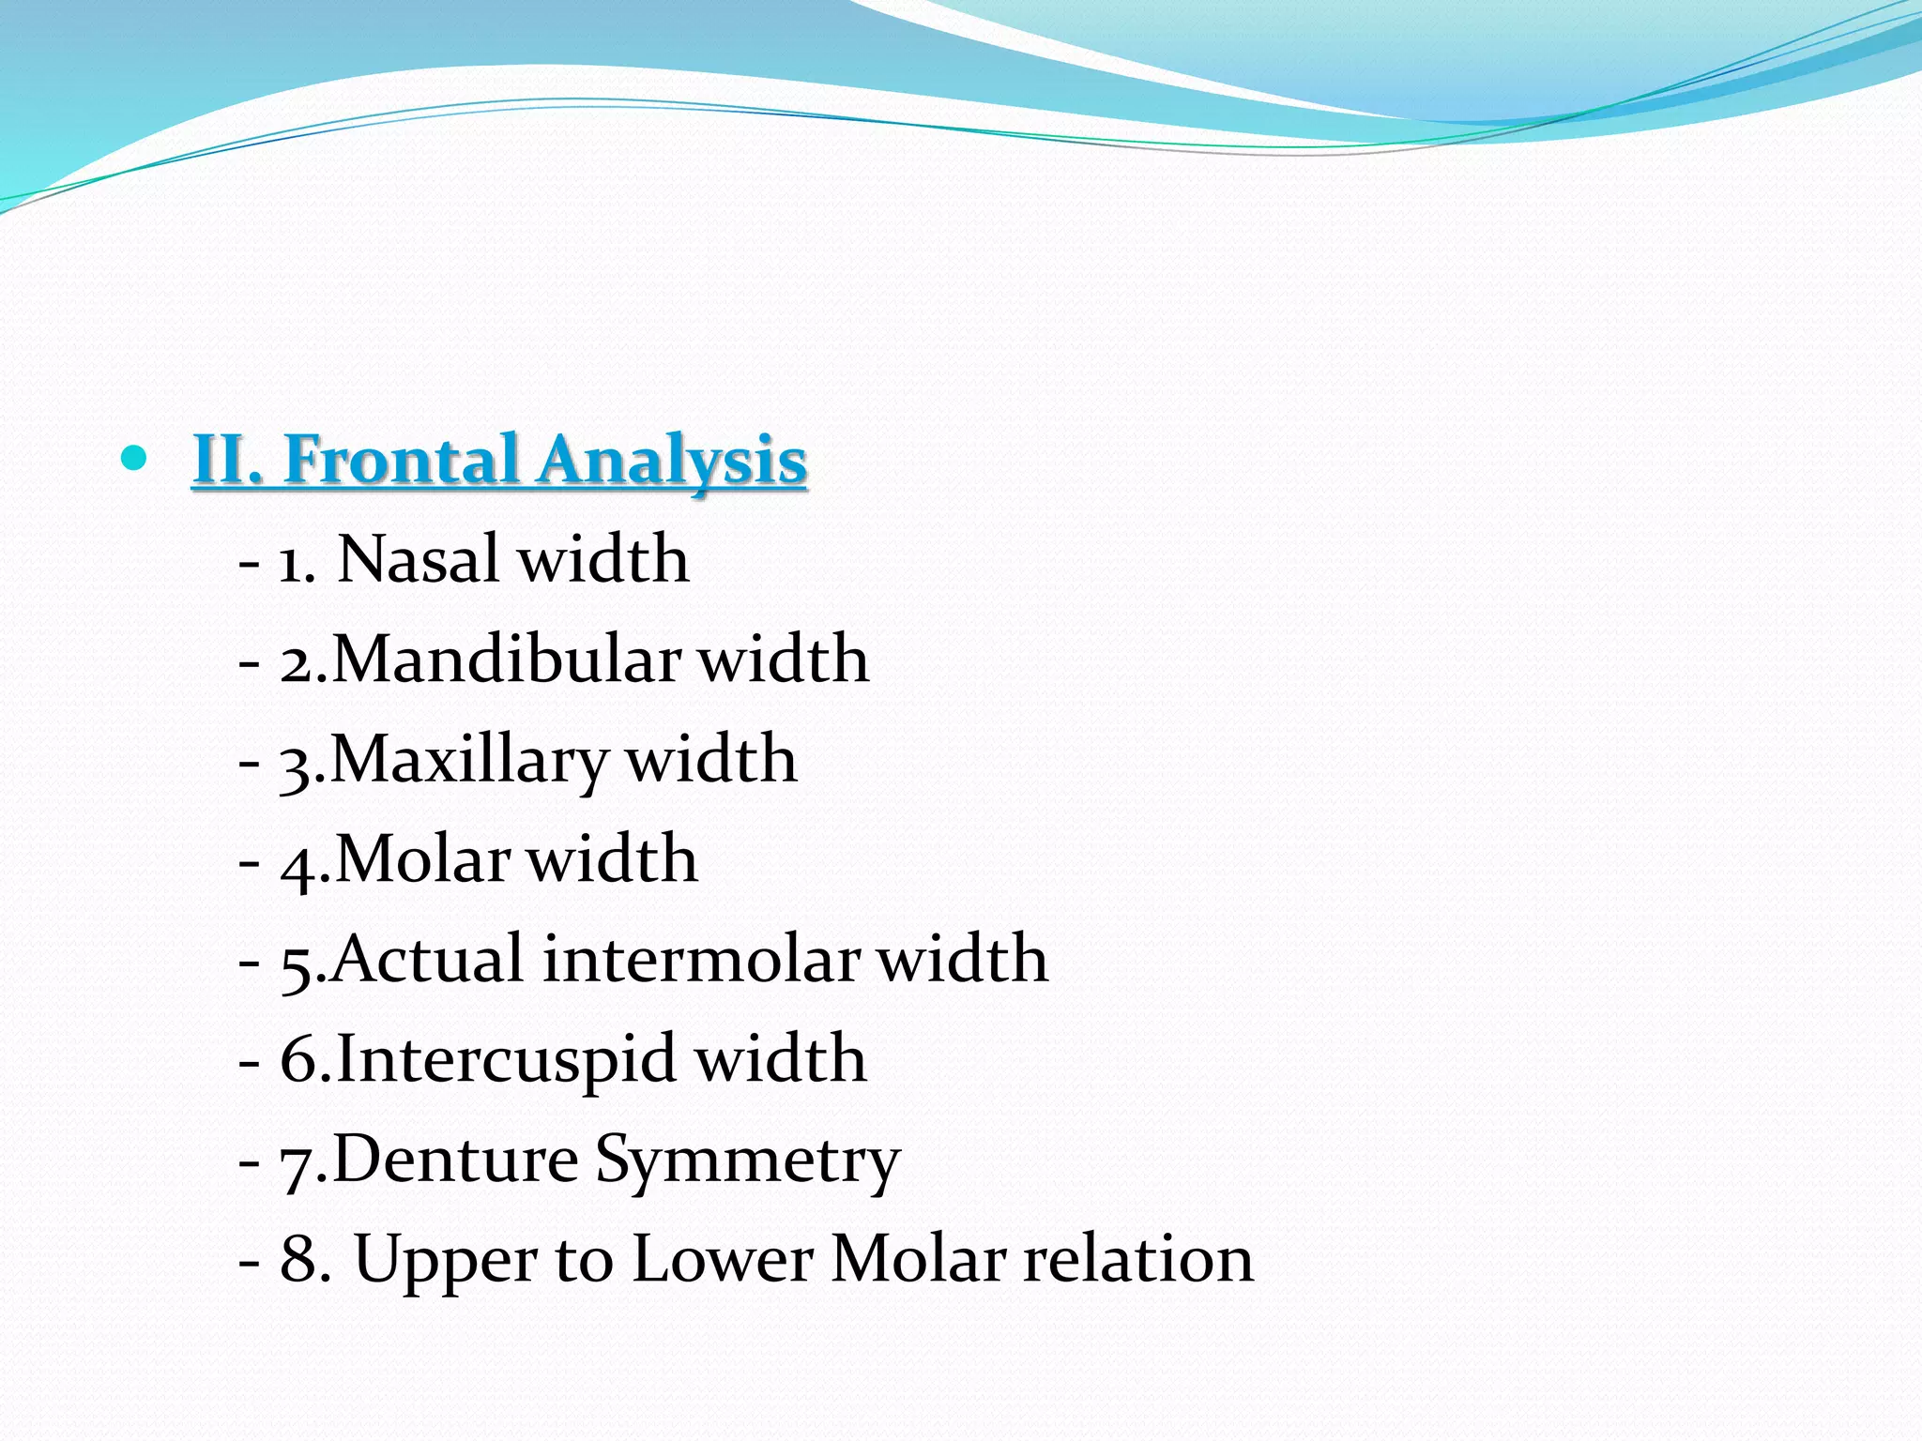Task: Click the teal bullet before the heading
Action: (x=135, y=458)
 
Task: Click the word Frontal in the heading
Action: (x=402, y=460)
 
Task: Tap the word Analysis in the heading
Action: (x=672, y=462)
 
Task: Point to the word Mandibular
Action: (x=506, y=660)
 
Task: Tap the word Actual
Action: (x=427, y=959)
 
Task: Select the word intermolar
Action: (x=700, y=960)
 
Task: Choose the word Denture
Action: (x=455, y=1160)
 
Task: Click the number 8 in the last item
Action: (x=299, y=1259)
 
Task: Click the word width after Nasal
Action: (x=603, y=559)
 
